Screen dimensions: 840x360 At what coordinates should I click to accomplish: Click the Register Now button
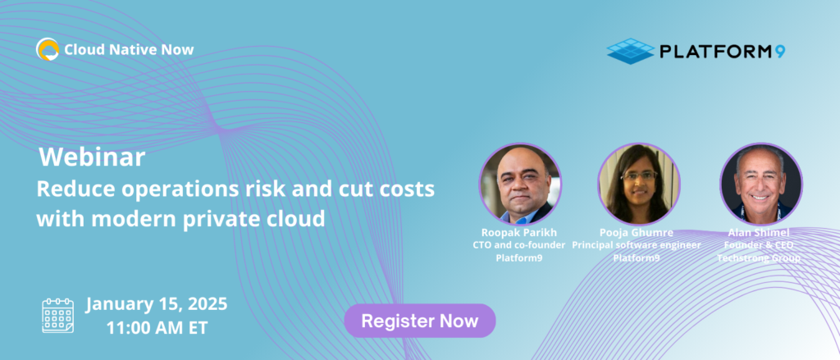pyautogui.click(x=420, y=321)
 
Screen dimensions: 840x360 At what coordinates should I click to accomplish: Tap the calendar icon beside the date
pyautogui.click(x=58, y=316)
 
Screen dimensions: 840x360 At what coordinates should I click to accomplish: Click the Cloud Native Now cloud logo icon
pyautogui.click(x=47, y=49)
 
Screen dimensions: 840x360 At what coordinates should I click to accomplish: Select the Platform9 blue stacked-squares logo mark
pyautogui.click(x=631, y=51)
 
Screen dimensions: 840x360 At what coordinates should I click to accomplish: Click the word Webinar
pyautogui.click(x=92, y=158)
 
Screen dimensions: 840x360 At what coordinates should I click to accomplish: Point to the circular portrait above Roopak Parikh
pyautogui.click(x=520, y=183)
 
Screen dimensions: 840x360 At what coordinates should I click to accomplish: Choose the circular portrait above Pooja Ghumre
pyautogui.click(x=639, y=183)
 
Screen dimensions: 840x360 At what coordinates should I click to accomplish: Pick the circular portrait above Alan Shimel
pyautogui.click(x=760, y=183)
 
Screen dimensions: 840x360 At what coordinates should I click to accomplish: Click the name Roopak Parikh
pyautogui.click(x=520, y=234)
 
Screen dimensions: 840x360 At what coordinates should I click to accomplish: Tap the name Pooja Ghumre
pyautogui.click(x=637, y=234)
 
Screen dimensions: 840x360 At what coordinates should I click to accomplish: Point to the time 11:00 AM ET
pyautogui.click(x=157, y=327)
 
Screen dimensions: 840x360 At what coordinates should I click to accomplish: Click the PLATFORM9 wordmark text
pyautogui.click(x=723, y=51)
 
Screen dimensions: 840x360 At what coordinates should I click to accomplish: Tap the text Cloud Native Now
pyautogui.click(x=129, y=50)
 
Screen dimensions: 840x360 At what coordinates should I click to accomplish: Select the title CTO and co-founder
pyautogui.click(x=520, y=245)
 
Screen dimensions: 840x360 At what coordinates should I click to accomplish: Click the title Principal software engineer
pyautogui.click(x=637, y=245)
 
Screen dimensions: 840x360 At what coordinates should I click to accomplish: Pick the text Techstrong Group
pyautogui.click(x=759, y=258)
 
